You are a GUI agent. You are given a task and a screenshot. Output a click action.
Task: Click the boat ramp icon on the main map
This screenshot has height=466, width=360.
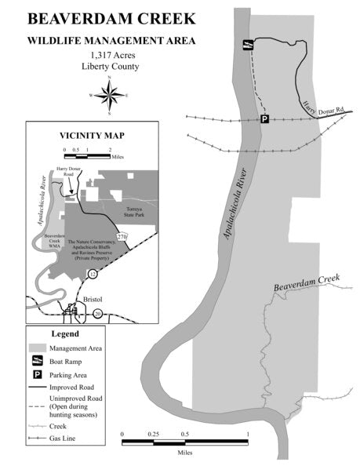pos(247,46)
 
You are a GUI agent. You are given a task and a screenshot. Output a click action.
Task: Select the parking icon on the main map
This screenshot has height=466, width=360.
pos(264,119)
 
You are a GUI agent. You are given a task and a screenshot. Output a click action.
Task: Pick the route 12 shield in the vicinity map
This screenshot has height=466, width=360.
pos(93,273)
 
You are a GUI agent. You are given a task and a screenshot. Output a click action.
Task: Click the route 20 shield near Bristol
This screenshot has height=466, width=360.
pos(98,313)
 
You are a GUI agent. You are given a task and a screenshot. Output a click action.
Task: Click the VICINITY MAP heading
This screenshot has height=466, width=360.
pos(93,134)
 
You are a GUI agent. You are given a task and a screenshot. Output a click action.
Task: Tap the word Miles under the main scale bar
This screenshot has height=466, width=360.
pos(185,453)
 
